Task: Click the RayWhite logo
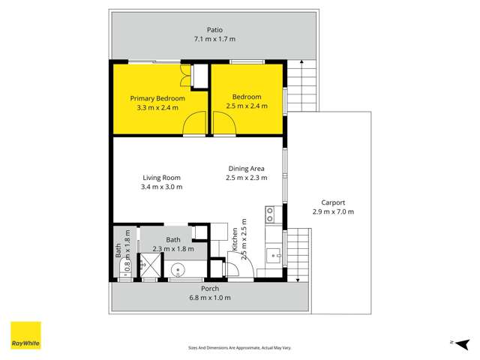tap(25, 335)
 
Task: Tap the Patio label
tap(215, 30)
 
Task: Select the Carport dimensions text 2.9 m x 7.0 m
tap(333, 212)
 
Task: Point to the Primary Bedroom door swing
tap(195, 123)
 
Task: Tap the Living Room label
tap(161, 178)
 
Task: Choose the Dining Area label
tap(247, 169)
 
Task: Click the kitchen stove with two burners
tap(271, 215)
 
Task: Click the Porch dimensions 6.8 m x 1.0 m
tap(210, 298)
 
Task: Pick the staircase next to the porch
tap(298, 255)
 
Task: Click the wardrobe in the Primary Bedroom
tap(199, 77)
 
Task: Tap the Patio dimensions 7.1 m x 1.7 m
tap(215, 40)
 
